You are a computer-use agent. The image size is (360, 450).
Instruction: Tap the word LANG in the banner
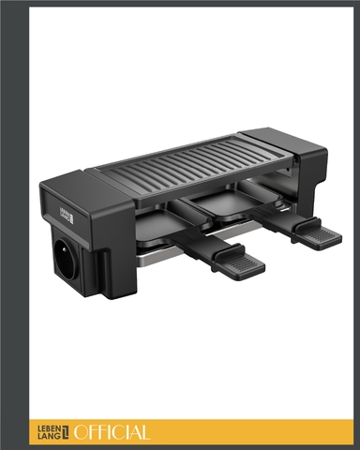pos(49,437)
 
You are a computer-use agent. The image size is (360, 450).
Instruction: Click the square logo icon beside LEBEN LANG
pos(66,432)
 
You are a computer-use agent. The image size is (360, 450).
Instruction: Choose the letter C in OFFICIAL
pos(114,432)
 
